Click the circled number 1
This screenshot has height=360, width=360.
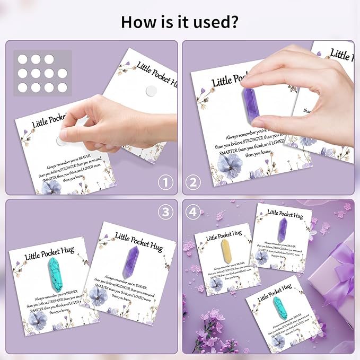point(166,183)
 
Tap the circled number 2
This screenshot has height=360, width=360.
point(193,183)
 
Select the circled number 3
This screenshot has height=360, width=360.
point(166,211)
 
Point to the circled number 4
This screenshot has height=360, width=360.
point(193,211)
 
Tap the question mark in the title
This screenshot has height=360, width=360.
point(233,22)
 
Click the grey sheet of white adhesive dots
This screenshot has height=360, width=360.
point(42,73)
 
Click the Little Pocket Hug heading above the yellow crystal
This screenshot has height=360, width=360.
point(224,236)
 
